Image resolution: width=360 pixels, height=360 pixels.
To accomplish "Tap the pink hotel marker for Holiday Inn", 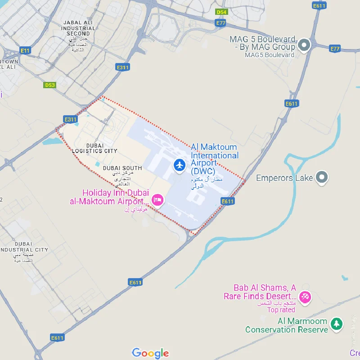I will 157,199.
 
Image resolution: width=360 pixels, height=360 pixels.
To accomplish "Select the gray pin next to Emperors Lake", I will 321,178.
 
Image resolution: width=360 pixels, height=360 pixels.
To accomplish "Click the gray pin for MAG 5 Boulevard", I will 305,45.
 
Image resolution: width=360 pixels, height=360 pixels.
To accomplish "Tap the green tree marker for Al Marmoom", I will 336,323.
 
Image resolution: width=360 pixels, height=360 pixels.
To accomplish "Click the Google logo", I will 150,353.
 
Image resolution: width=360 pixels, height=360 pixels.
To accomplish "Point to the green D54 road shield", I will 221,12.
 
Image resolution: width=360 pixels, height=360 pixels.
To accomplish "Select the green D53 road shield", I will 50,85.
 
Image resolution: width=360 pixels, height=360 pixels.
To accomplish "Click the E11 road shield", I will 25,51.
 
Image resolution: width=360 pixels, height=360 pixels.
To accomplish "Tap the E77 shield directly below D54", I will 220,22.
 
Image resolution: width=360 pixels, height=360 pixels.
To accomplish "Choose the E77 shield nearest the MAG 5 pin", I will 335,49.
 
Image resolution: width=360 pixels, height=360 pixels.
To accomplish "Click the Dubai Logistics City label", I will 94,148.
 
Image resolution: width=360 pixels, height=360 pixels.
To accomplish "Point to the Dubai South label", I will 122,168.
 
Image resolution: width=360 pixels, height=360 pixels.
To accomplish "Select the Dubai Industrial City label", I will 23,247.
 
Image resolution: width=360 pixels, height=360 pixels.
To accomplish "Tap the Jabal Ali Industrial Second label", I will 79,28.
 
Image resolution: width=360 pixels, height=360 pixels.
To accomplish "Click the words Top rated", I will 281,310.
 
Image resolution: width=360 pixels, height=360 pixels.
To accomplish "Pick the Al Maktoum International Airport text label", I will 215,159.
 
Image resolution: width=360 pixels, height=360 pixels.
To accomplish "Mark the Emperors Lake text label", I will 284,178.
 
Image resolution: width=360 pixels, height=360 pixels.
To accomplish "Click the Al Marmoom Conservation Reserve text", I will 287,325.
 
